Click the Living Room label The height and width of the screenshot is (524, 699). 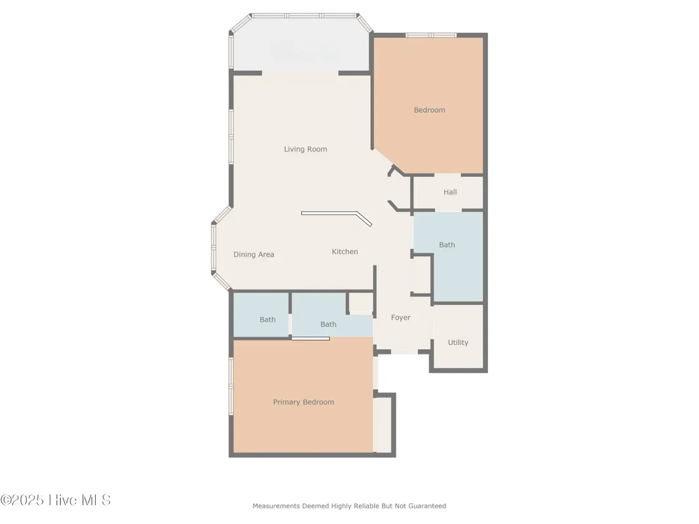coord(305,149)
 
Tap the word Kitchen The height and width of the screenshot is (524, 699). coord(345,252)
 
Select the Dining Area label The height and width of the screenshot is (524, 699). coord(254,255)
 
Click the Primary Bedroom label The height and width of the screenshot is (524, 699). coord(303,402)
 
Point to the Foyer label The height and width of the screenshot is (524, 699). coord(400,318)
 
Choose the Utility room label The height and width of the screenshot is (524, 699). coord(458,343)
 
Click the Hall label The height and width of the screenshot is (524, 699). coord(450,193)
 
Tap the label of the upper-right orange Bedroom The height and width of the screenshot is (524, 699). coord(429,110)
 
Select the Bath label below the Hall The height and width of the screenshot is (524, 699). coord(447,245)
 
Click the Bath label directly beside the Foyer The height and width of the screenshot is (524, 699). coord(328,324)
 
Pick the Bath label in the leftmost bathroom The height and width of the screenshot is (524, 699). coord(267,320)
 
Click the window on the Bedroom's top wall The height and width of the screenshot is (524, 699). coord(430,35)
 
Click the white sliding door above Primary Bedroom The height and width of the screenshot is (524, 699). coord(311,339)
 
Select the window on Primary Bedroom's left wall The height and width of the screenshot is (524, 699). coord(231,386)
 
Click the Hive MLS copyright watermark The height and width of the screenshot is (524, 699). coord(56,500)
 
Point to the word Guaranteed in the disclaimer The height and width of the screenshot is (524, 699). coord(428,506)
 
